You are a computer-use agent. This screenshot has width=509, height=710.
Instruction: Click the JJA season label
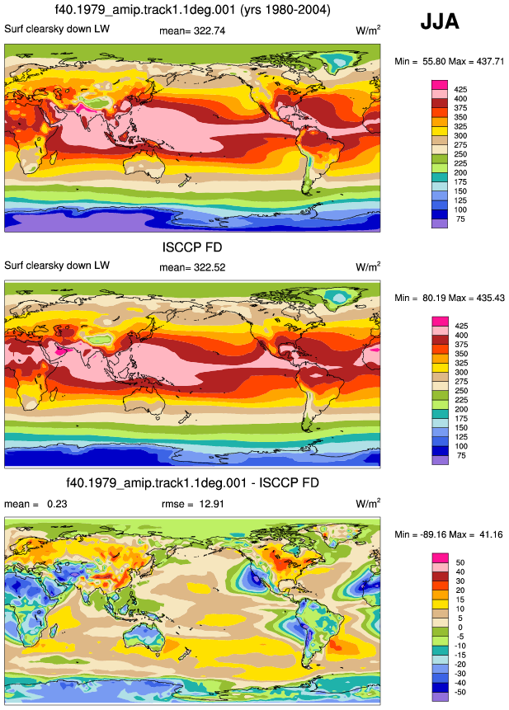(x=440, y=21)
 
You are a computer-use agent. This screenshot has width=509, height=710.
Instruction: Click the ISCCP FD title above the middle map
(x=192, y=247)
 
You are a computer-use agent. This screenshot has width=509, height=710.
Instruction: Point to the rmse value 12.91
(x=211, y=504)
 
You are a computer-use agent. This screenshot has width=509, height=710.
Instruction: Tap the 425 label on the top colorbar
(x=460, y=90)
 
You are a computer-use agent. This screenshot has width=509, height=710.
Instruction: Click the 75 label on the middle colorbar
(x=461, y=455)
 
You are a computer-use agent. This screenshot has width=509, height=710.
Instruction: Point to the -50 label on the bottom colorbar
(x=460, y=693)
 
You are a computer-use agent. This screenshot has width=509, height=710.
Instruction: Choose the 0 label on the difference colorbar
(x=460, y=628)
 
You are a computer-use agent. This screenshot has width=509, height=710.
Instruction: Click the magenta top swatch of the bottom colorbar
(x=441, y=557)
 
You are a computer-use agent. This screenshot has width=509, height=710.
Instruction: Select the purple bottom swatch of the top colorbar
(x=440, y=223)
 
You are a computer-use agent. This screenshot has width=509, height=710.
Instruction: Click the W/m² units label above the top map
(x=368, y=31)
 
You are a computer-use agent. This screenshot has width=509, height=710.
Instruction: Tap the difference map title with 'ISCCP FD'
(x=192, y=482)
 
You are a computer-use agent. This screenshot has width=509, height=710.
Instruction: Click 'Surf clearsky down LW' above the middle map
(x=57, y=266)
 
